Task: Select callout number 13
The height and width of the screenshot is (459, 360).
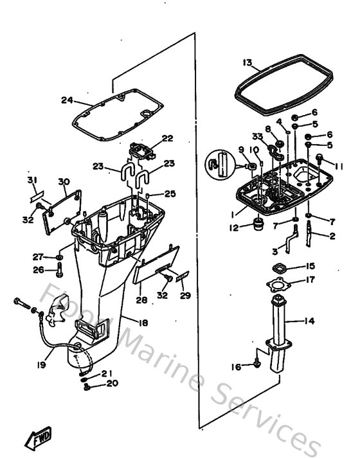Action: pyautogui.click(x=248, y=62)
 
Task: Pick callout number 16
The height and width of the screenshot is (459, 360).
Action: pyautogui.click(x=237, y=366)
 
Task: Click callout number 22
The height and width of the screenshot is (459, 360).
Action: pyautogui.click(x=167, y=138)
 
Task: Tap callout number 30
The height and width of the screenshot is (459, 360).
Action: pyautogui.click(x=63, y=181)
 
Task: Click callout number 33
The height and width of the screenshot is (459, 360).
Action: pyautogui.click(x=257, y=136)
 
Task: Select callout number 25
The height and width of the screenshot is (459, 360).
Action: pyautogui.click(x=170, y=194)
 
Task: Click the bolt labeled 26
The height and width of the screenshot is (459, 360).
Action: pyautogui.click(x=59, y=268)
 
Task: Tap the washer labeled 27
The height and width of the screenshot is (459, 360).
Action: pyautogui.click(x=59, y=256)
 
